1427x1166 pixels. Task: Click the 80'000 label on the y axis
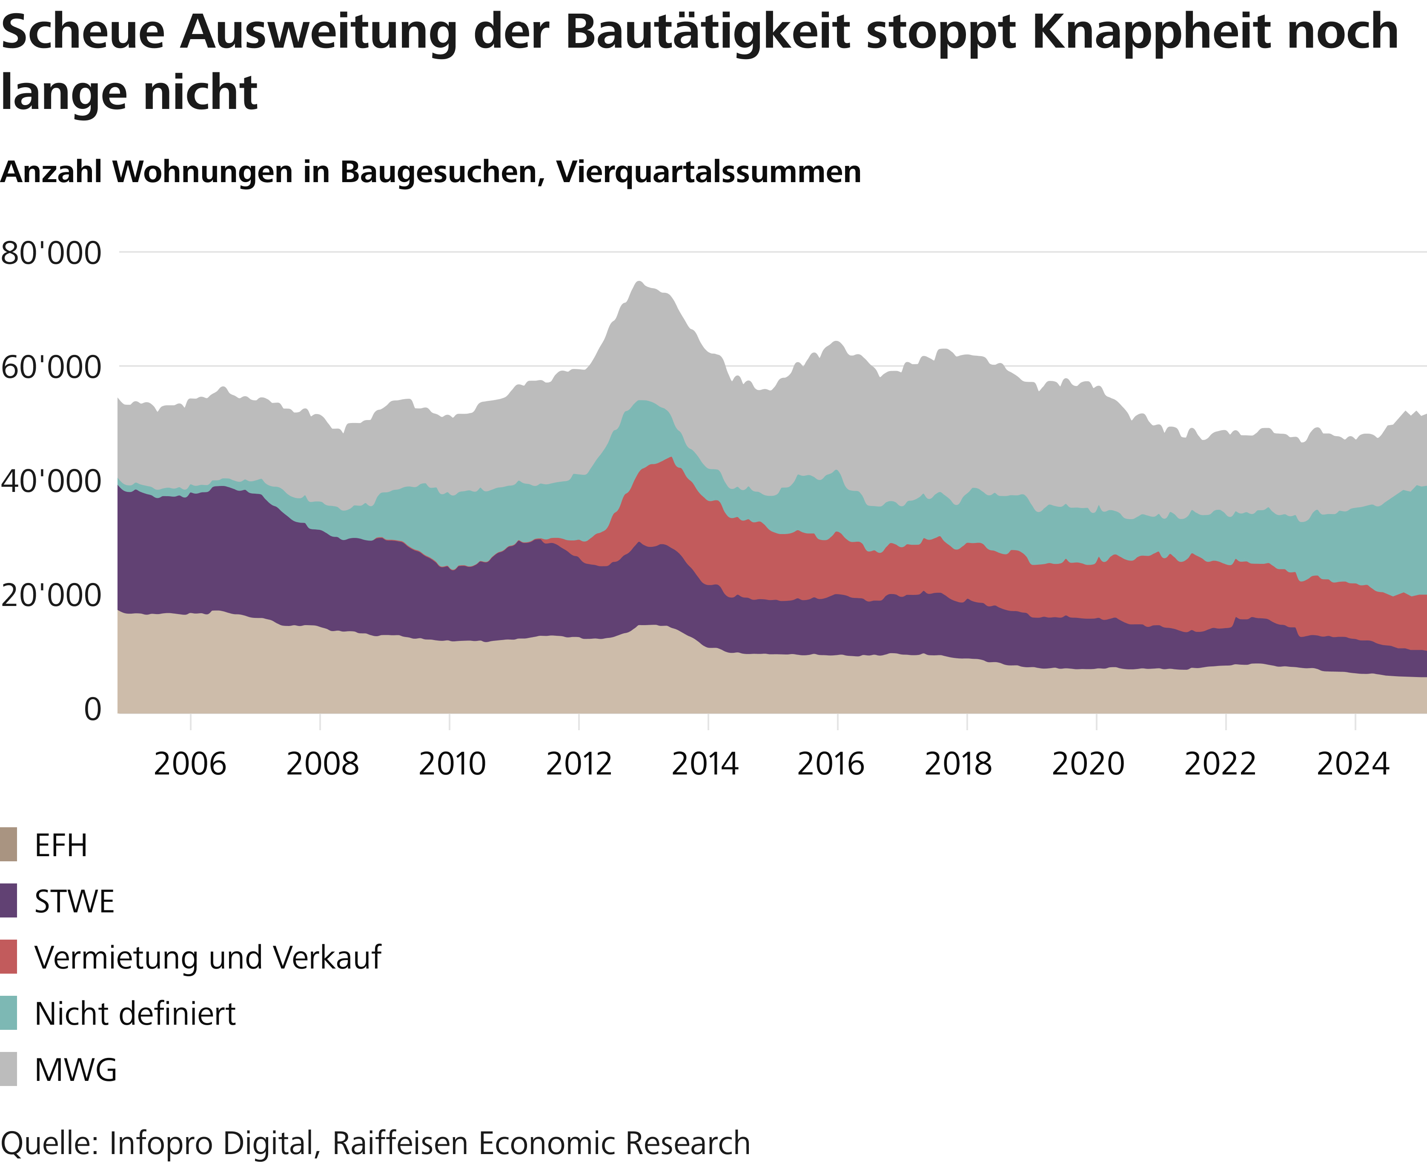[51, 254]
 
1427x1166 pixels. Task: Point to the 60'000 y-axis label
[51, 368]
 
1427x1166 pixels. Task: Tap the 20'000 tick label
[51, 596]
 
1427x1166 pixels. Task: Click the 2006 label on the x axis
[190, 764]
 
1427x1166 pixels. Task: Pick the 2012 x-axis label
[579, 764]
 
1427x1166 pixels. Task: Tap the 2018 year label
[958, 764]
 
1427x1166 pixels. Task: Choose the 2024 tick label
[1353, 764]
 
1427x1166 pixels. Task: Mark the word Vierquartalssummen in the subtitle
[709, 172]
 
